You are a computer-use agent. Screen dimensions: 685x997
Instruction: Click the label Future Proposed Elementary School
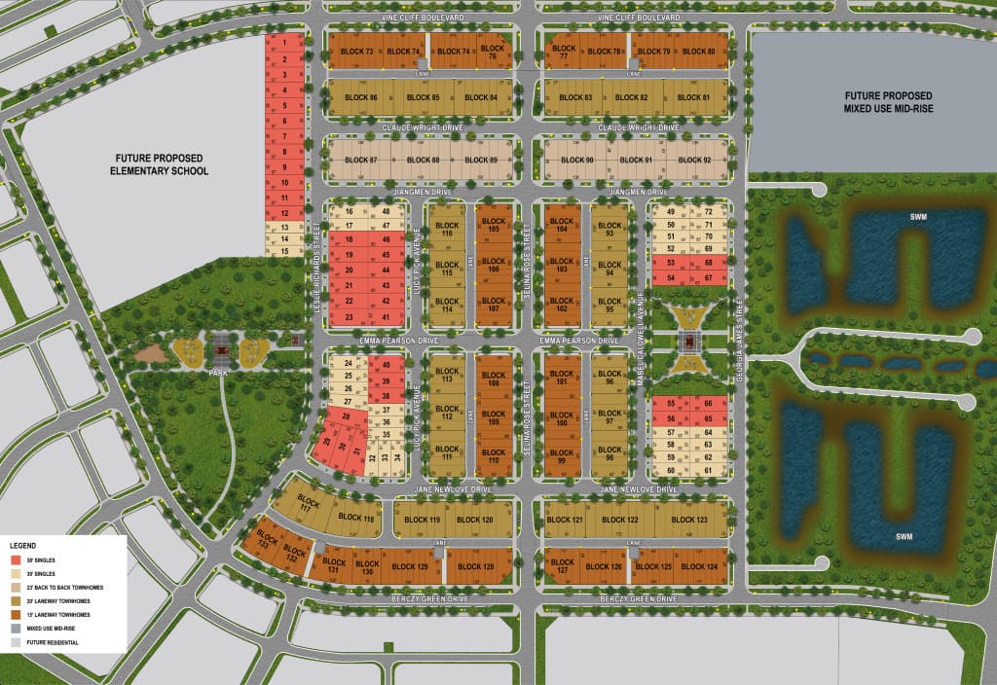click(x=162, y=163)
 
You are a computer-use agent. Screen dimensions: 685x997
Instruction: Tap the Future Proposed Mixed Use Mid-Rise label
click(x=875, y=101)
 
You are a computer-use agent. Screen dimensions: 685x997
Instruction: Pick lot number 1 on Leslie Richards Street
click(x=283, y=44)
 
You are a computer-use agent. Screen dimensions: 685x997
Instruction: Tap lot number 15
click(x=283, y=251)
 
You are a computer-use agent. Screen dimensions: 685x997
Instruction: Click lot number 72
click(x=709, y=212)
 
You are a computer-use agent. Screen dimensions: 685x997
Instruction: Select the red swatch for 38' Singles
click(x=18, y=561)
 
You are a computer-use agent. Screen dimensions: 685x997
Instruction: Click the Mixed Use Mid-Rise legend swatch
click(x=18, y=629)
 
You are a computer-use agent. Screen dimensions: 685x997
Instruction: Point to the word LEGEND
click(x=24, y=547)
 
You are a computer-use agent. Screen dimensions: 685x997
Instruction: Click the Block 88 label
click(x=423, y=160)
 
